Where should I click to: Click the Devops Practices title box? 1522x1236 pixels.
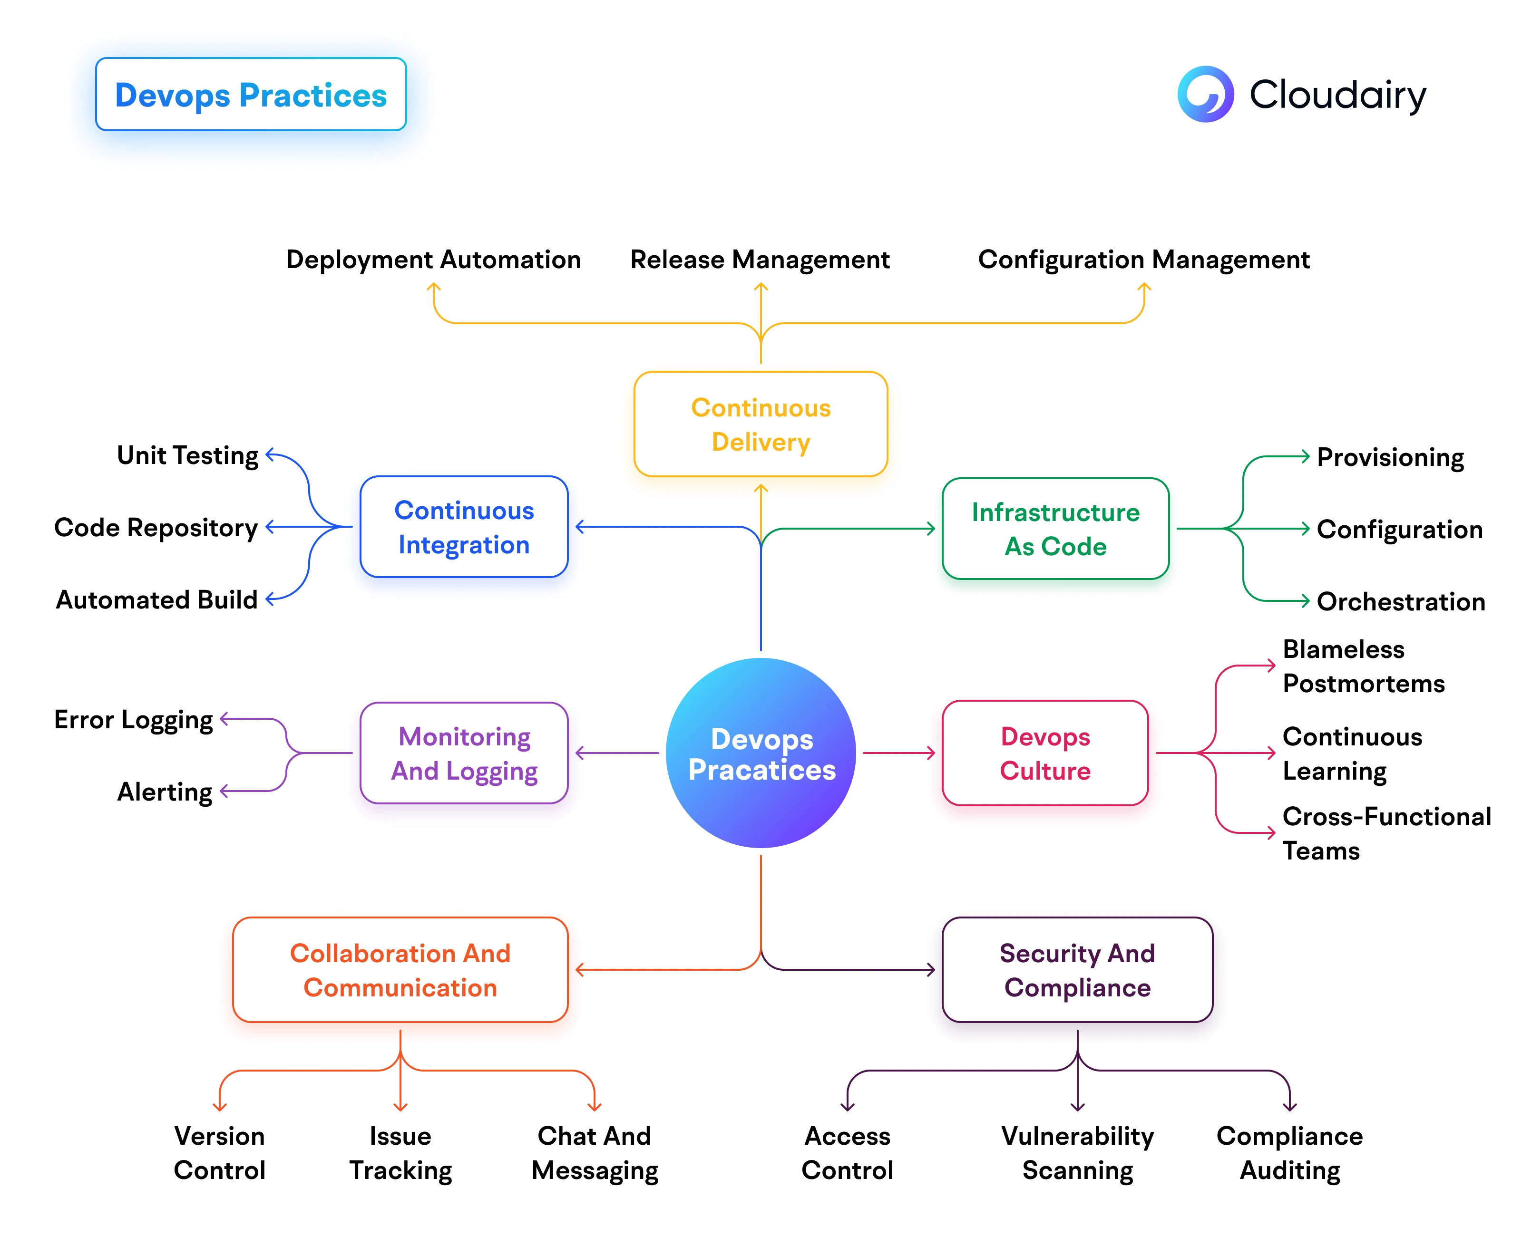click(251, 94)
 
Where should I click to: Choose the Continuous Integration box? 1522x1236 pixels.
click(464, 527)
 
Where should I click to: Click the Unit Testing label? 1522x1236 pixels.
click(187, 455)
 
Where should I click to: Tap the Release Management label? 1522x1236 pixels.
click(760, 259)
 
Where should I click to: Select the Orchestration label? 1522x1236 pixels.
click(1400, 602)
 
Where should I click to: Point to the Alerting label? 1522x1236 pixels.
click(165, 791)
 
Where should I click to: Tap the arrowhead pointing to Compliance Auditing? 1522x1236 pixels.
click(1289, 1107)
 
